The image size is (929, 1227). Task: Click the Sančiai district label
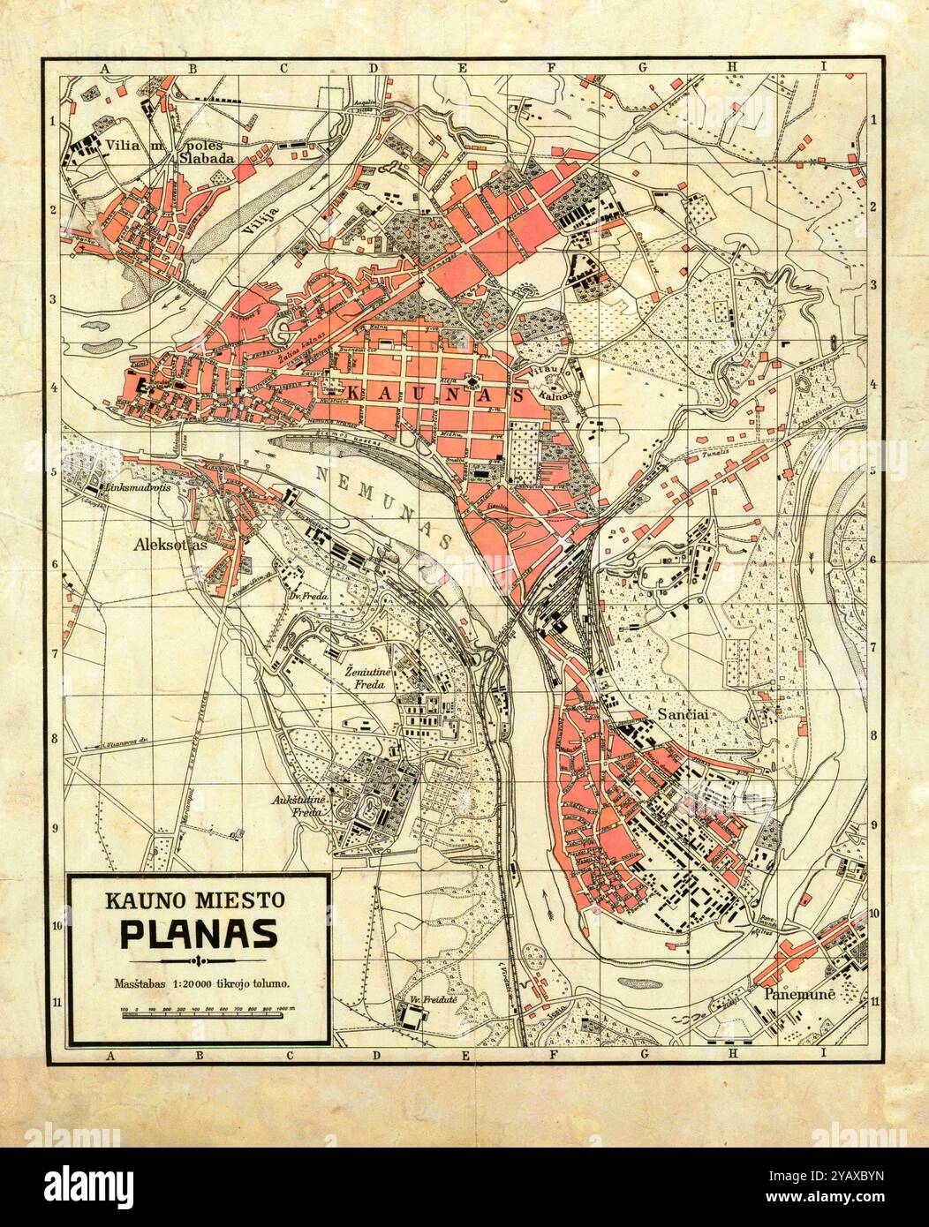680,711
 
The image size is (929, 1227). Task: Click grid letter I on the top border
821,66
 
